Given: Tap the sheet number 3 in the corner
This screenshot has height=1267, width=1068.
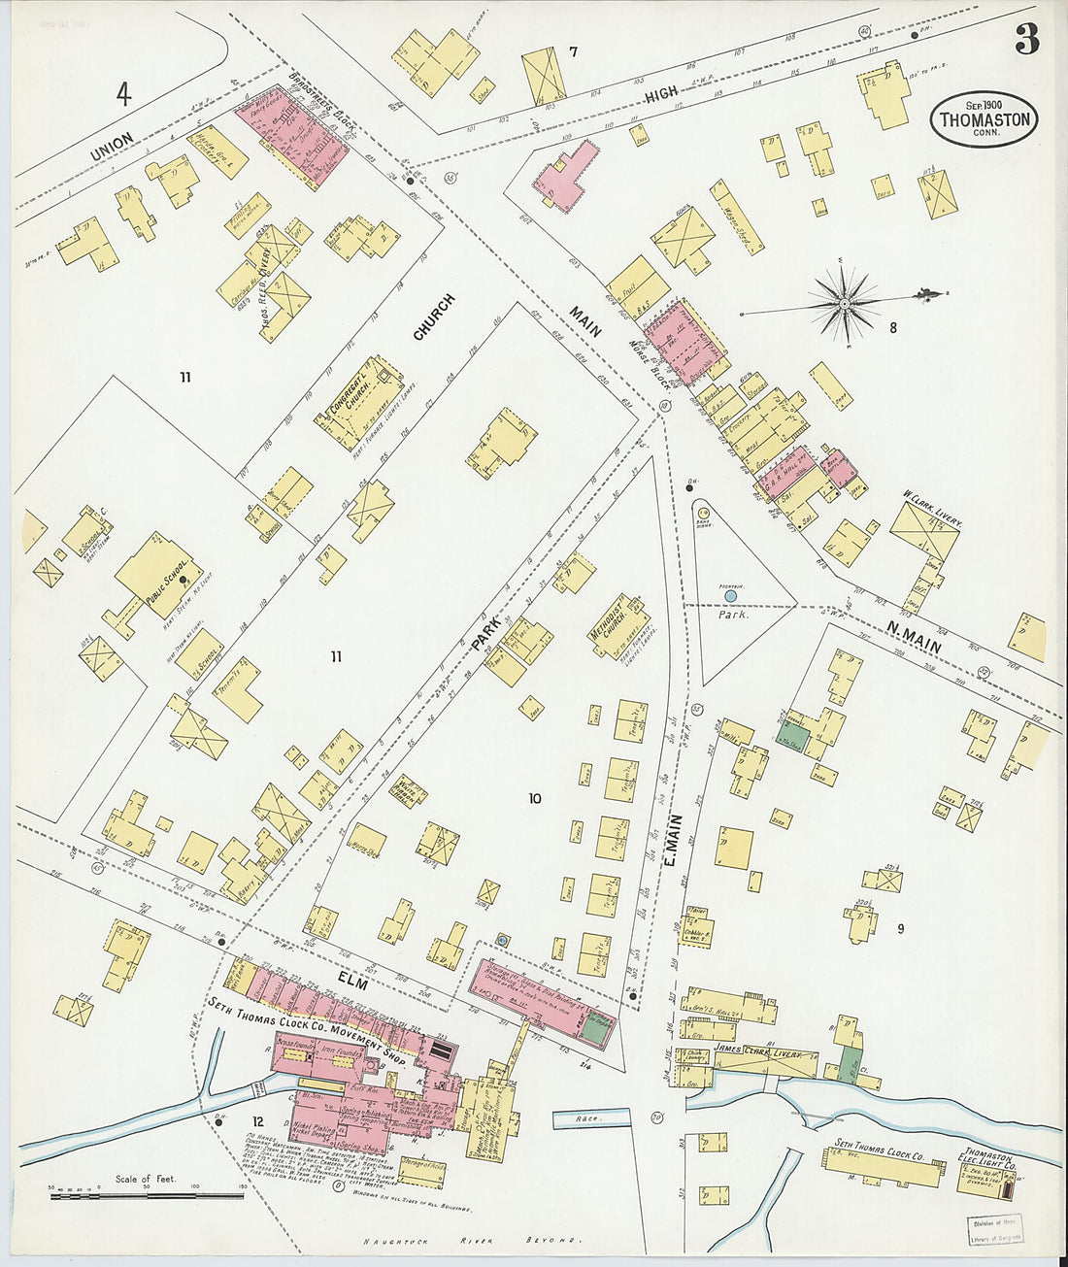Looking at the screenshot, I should (x=1026, y=39).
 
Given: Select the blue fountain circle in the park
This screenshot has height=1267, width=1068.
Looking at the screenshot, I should (x=718, y=596).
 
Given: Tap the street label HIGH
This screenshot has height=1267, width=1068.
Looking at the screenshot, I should (x=661, y=96).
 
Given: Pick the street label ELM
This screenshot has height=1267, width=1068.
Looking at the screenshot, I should (x=352, y=983).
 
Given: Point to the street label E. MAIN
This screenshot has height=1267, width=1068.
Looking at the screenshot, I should (x=674, y=839).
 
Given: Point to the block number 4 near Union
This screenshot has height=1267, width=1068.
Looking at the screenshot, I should (x=123, y=95).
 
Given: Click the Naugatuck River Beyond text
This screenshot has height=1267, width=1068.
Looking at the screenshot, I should (x=472, y=1241).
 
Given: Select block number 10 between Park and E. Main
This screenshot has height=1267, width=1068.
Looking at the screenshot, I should (x=534, y=799).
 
